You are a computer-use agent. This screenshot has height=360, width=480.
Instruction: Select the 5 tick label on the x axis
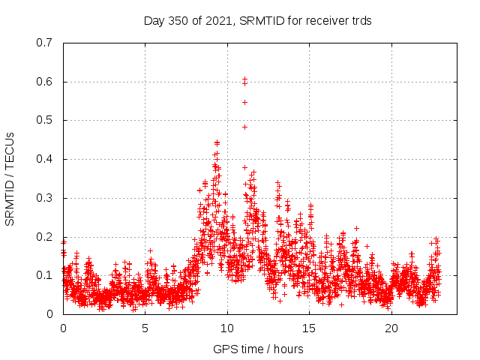145,328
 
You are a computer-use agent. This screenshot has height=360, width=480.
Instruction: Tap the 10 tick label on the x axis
227,328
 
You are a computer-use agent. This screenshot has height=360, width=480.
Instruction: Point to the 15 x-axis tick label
309,328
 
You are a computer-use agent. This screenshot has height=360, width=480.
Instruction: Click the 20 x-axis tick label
391,328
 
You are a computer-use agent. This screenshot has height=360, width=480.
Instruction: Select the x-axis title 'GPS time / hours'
258,349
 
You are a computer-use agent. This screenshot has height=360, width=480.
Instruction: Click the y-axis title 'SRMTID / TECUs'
10,178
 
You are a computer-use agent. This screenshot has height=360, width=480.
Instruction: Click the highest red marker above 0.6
244,79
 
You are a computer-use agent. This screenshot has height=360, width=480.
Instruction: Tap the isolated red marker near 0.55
244,102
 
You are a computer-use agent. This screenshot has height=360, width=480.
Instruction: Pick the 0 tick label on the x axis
63,328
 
